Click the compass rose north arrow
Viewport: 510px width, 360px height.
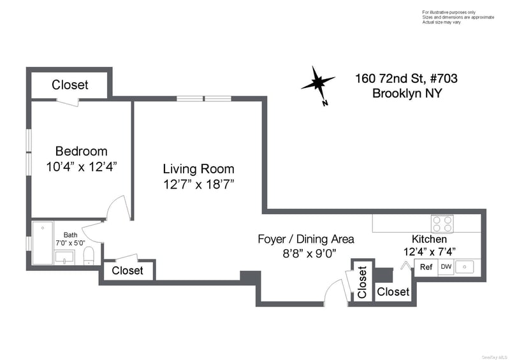(x=318, y=85)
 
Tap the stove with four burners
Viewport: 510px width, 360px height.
(x=442, y=224)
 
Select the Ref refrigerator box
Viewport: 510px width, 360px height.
(x=426, y=267)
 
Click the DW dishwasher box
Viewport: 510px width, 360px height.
(x=446, y=267)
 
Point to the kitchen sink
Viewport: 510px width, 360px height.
(x=465, y=267)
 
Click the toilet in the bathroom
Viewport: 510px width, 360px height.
(x=89, y=256)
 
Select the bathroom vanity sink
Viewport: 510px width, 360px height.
(x=65, y=257)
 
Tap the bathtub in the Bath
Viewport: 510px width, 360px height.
(x=43, y=243)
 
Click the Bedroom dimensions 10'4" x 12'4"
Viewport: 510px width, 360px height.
(x=82, y=167)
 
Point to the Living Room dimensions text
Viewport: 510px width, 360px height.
(x=199, y=185)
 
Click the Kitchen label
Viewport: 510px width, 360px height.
(x=429, y=239)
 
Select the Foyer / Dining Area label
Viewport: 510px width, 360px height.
(x=306, y=239)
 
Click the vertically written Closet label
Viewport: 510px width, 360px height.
(x=362, y=282)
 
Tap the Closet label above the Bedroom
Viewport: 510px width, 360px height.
(x=70, y=85)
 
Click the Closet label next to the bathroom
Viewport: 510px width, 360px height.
(x=127, y=270)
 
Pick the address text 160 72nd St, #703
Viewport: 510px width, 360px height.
(x=406, y=78)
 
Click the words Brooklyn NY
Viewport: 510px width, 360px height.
(x=407, y=93)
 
